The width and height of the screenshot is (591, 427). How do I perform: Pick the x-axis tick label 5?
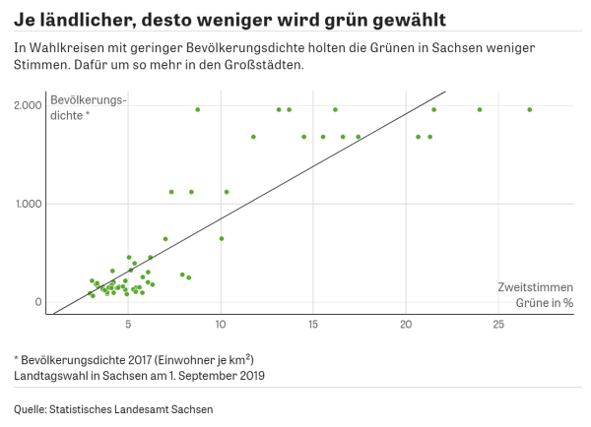click(x=128, y=324)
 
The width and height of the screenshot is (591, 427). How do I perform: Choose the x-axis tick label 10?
click(x=221, y=324)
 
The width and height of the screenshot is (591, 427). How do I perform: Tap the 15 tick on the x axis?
click(x=313, y=324)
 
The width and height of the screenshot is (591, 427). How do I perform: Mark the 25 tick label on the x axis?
click(x=498, y=324)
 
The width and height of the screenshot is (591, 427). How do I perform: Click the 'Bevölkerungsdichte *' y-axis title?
click(x=89, y=107)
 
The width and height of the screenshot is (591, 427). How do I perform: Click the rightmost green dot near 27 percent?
click(x=529, y=109)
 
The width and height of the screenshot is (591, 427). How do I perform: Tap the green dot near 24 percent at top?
click(x=480, y=109)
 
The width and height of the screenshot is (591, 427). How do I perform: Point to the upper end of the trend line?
click(x=445, y=92)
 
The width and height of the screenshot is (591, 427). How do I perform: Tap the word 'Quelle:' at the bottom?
click(x=32, y=408)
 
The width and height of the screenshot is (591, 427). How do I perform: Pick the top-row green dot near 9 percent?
click(x=198, y=109)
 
